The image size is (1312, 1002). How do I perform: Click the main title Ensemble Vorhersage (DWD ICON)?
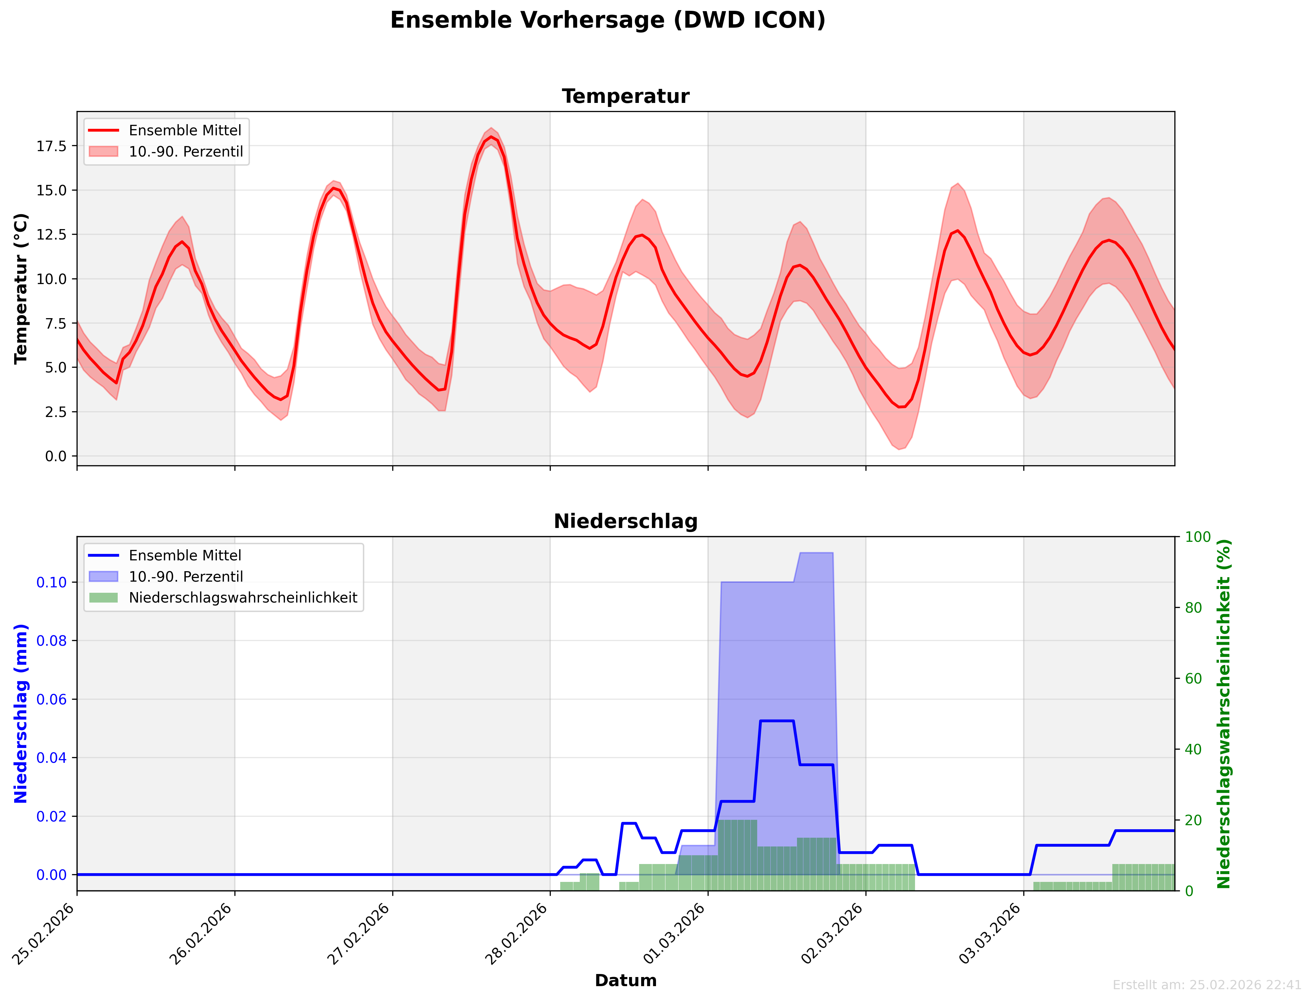(607, 20)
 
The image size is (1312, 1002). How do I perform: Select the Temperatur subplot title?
(625, 96)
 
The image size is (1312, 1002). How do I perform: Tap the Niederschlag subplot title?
(625, 521)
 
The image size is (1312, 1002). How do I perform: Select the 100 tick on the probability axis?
(1198, 537)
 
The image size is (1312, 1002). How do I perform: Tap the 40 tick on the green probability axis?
(1193, 750)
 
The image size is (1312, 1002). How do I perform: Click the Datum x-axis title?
(625, 980)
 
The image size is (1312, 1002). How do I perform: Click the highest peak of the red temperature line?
(491, 137)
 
